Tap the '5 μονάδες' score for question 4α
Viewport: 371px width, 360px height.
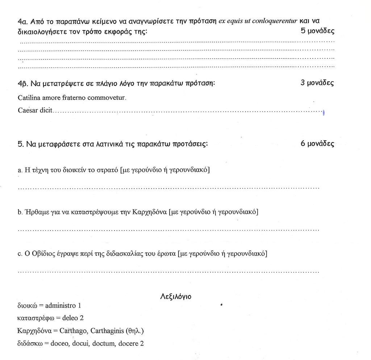click(x=317, y=31)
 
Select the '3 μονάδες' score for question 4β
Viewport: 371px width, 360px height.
click(x=317, y=83)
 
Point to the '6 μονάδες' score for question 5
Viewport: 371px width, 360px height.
click(x=317, y=144)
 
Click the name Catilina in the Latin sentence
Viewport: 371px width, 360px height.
click(x=28, y=98)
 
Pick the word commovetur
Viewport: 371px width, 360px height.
click(x=109, y=98)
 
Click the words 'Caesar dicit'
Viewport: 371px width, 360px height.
click(x=35, y=110)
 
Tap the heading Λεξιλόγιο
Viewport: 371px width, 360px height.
click(x=176, y=297)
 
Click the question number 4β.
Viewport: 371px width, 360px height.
click(x=22, y=83)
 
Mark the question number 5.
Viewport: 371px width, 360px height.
click(x=20, y=144)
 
